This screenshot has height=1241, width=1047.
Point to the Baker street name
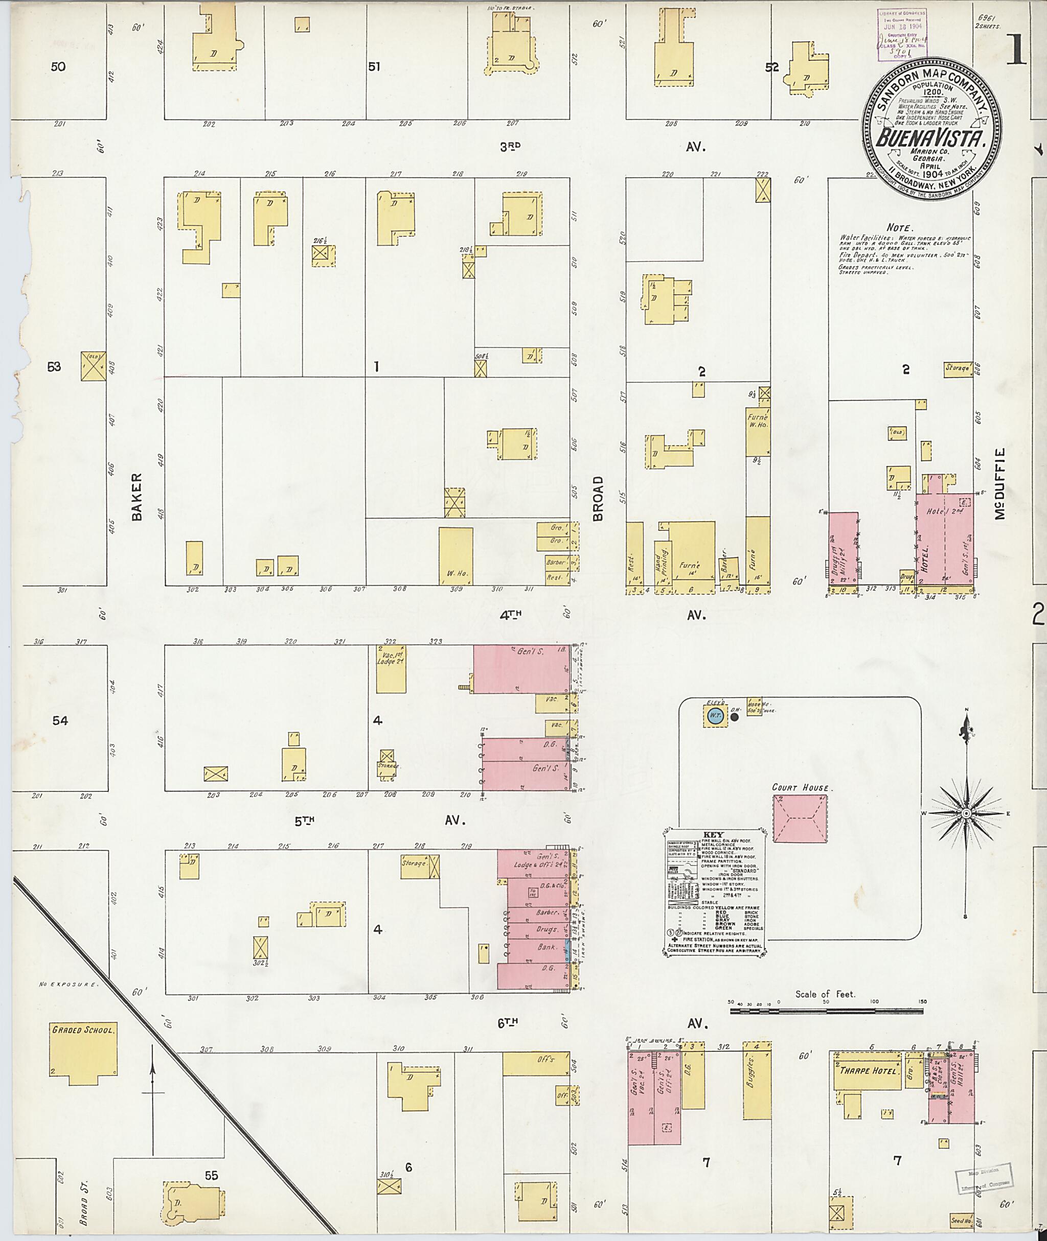(137, 497)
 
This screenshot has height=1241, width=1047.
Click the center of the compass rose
(966, 812)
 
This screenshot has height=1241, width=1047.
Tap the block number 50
(58, 66)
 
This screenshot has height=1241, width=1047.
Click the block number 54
(60, 721)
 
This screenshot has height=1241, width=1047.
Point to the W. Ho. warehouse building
(456, 556)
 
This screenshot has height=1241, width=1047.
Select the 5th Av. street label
(305, 821)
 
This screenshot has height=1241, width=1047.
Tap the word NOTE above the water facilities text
(900, 227)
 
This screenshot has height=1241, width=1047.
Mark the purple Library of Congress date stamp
(902, 34)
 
